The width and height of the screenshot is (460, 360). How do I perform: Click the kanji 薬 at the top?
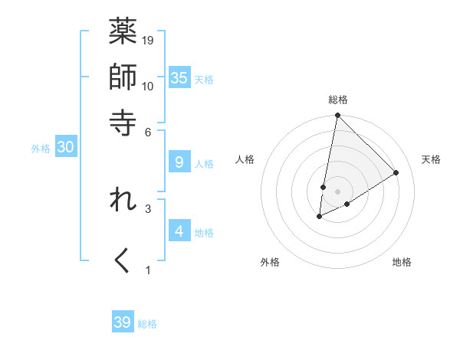point(123,33)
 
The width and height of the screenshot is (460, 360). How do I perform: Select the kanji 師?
point(123,77)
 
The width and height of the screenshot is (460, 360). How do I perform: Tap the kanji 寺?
point(123,123)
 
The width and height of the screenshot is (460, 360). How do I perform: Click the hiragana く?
point(123,261)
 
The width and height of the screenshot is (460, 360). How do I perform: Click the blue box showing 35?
point(179,77)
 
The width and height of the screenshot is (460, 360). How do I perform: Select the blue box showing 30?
point(65,147)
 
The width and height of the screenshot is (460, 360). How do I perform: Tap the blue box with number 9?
point(179,162)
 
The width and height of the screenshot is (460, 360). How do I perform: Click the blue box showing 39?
point(123,322)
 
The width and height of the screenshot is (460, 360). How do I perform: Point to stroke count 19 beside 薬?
point(149,40)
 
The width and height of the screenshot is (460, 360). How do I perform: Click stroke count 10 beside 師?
point(149,86)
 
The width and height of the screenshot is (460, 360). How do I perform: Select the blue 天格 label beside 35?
point(204,79)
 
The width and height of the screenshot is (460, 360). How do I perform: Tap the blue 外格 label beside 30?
point(41,149)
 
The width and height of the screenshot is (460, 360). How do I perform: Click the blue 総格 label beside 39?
point(147,324)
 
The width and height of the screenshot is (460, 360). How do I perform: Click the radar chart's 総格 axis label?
point(338,100)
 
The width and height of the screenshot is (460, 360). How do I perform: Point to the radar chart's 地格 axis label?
point(402,262)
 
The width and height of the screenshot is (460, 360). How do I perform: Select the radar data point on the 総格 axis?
point(337,116)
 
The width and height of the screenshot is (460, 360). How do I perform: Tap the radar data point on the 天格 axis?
point(396,172)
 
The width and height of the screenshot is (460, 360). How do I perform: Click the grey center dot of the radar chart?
point(337,191)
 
